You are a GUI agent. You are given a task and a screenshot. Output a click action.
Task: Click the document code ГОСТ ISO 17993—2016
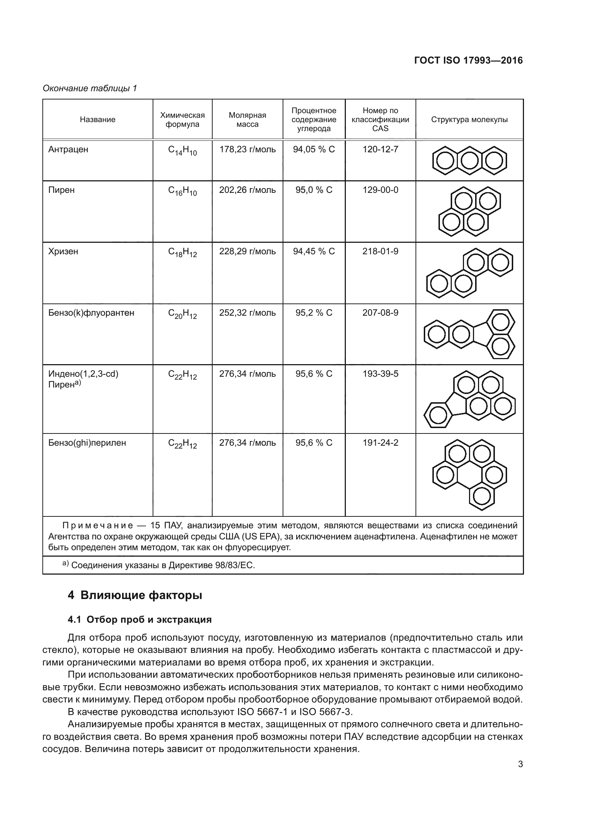468,61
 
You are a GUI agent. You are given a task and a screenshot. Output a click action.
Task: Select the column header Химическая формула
182,120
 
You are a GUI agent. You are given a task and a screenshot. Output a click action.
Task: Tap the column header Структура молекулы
469,120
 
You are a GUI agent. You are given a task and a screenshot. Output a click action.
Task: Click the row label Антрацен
68,150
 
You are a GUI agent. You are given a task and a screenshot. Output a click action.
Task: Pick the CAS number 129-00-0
380,190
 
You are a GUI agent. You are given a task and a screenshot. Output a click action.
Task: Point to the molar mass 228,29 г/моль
247,251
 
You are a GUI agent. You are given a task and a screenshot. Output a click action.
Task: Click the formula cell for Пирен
182,191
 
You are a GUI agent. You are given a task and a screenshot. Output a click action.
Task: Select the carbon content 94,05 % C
314,149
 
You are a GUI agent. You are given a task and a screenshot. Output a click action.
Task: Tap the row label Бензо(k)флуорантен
91,313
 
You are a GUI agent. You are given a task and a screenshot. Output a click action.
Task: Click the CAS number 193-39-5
380,374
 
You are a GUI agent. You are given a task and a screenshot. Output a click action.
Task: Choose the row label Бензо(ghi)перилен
87,443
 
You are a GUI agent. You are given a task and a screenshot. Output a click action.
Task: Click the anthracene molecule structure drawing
469,160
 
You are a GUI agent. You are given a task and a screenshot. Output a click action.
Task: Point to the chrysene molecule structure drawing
469,273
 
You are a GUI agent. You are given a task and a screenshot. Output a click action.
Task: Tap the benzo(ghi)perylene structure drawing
469,475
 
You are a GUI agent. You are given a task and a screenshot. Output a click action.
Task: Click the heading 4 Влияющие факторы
135,595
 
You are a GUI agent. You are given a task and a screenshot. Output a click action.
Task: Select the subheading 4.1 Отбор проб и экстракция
140,619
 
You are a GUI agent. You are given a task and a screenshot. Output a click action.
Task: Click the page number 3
520,764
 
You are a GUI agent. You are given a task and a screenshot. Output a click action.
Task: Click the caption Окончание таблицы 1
90,88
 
